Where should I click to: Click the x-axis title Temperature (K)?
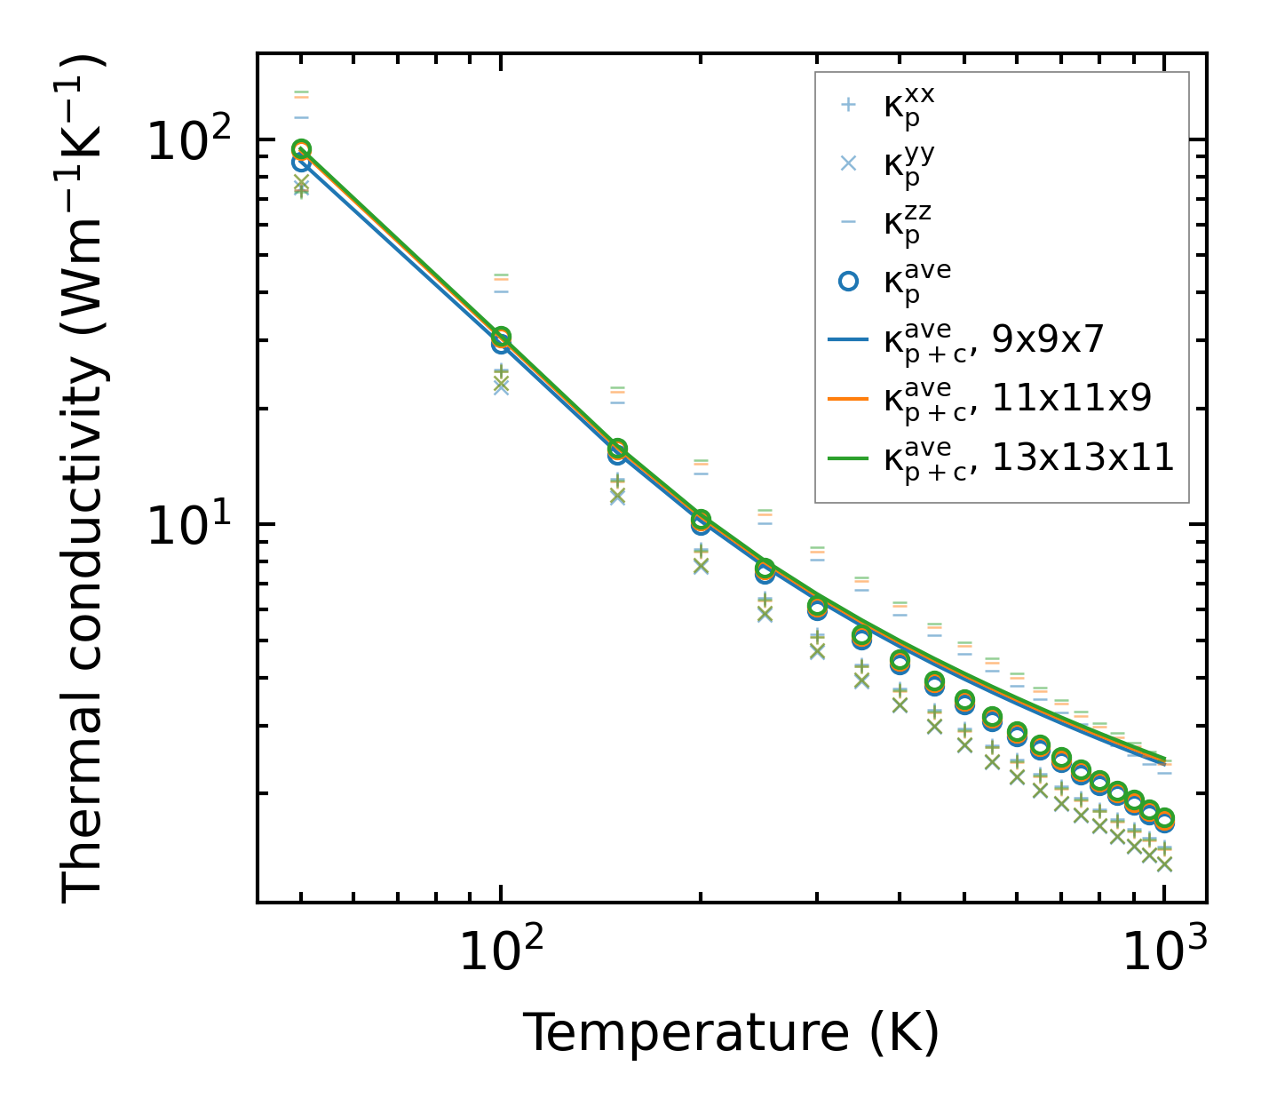click(731, 1033)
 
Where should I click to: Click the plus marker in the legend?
click(848, 105)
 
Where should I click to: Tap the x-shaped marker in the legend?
click(848, 163)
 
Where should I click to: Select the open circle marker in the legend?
click(848, 281)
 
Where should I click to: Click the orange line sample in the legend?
click(848, 399)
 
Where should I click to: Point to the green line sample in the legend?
click(848, 458)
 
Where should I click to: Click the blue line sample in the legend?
click(848, 339)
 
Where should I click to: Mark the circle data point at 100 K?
click(501, 338)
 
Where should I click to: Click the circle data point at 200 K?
click(701, 521)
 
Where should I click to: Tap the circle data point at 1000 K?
click(1164, 820)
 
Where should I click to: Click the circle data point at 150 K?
click(618, 450)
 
